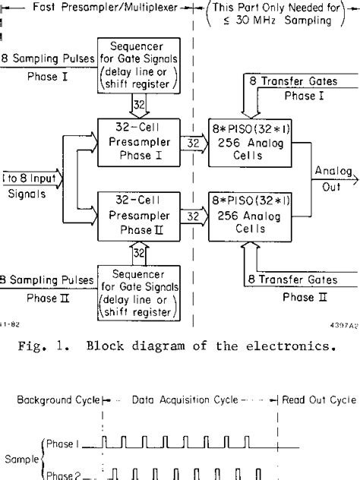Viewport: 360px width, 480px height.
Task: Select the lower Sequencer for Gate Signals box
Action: pos(135,292)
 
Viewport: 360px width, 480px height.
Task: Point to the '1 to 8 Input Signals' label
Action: pos(27,182)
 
